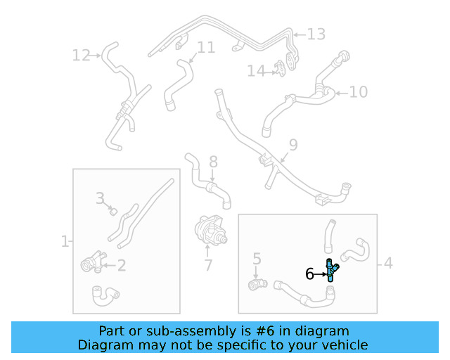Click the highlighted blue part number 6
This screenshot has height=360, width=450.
(x=330, y=271)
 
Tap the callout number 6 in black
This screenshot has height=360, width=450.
(x=309, y=274)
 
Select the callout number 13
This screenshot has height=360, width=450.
(x=316, y=34)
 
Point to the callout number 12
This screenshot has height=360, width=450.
(x=82, y=55)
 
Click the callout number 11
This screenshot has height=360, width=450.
(x=206, y=48)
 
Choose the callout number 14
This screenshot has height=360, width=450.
(x=256, y=70)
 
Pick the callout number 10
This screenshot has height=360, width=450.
(x=358, y=91)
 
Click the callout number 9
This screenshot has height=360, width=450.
(x=293, y=145)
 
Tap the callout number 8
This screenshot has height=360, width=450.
(x=213, y=162)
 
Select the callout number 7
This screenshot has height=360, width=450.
(x=208, y=265)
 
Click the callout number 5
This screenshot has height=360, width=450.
(x=257, y=259)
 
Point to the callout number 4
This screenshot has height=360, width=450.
(x=388, y=264)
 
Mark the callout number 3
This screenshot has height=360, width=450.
(x=101, y=198)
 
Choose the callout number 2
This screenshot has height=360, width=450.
(x=121, y=265)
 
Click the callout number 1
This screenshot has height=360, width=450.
(x=65, y=241)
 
